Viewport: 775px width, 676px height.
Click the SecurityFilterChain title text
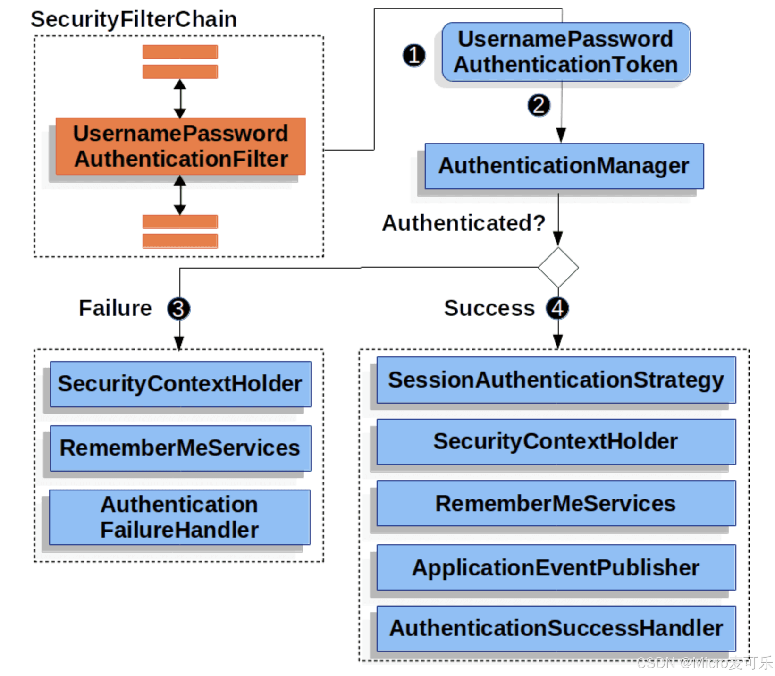[134, 20]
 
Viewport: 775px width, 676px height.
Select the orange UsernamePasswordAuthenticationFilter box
[180, 146]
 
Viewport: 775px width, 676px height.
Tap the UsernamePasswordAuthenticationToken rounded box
[566, 52]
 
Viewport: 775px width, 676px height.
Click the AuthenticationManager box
[564, 166]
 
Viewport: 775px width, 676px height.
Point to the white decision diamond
[558, 268]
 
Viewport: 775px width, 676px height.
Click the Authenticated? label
[463, 223]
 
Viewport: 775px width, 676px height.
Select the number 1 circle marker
[414, 55]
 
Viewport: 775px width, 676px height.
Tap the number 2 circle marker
[539, 105]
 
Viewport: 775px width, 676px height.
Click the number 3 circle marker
[178, 309]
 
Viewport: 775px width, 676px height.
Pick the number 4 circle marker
[557, 309]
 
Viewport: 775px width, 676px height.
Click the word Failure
[115, 308]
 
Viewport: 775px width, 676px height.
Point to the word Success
[489, 308]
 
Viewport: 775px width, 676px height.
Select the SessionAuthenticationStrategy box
[556, 380]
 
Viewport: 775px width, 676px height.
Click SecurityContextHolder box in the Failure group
[180, 384]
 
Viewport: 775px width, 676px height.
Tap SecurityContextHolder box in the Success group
[556, 442]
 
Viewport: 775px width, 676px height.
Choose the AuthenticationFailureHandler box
[179, 517]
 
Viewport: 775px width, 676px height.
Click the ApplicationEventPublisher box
[556, 567]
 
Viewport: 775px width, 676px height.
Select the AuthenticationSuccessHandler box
[556, 629]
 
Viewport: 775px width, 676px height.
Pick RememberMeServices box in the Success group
[556, 503]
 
